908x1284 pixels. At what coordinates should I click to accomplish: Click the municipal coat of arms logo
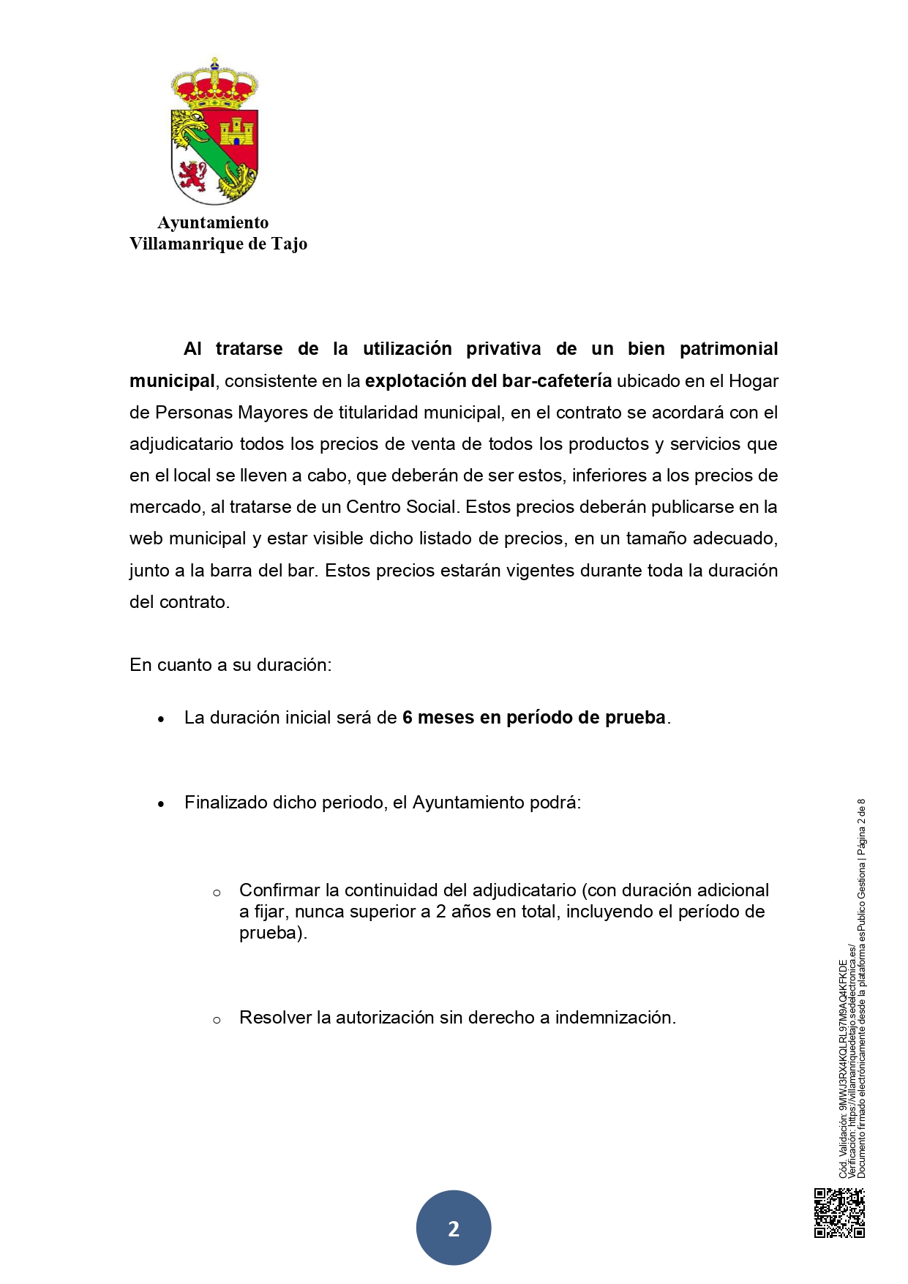pos(214,132)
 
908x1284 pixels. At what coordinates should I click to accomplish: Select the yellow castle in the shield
pos(236,132)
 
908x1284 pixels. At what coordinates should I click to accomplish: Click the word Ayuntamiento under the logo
pos(213,222)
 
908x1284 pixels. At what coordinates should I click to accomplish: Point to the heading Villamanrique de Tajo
pos(218,244)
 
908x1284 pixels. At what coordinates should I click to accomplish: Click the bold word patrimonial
pos(728,349)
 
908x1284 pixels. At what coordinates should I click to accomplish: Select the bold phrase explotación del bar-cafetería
pos(488,381)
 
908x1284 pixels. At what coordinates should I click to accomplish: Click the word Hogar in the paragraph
pos(754,381)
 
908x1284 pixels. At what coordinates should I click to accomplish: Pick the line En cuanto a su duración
pos(230,665)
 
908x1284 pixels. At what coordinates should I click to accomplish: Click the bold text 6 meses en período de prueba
pos(534,718)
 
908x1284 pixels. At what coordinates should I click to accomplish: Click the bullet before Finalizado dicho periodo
pos(161,804)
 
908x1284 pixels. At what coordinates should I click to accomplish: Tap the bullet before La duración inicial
pos(161,719)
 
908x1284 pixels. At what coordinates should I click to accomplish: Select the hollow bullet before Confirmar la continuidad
pos(217,893)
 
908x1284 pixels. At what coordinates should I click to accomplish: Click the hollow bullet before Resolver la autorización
pos(217,1020)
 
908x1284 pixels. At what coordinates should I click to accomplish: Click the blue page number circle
pos(454,1228)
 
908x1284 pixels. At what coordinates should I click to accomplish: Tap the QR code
pos(839,1213)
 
